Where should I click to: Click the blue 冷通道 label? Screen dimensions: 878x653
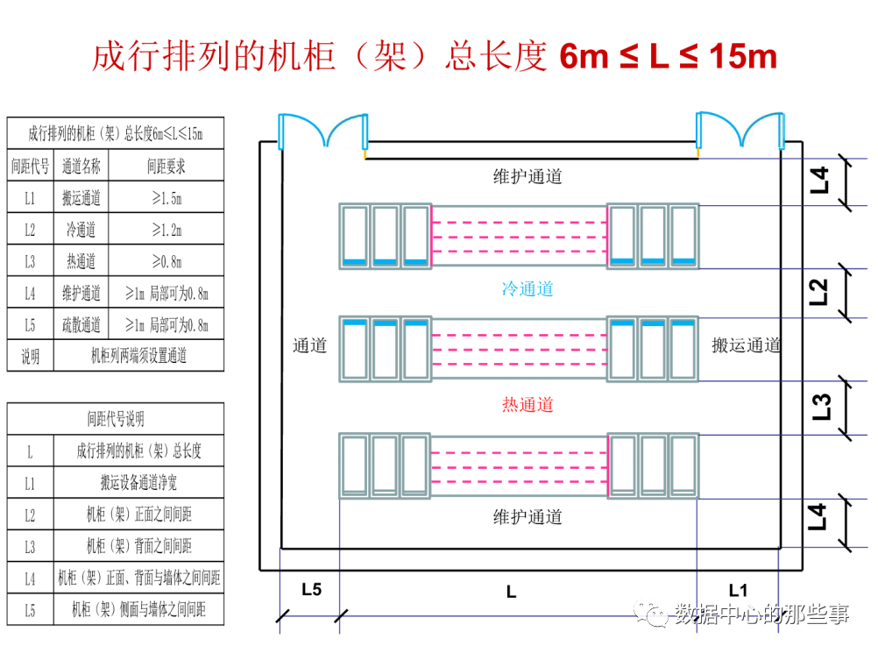point(528,288)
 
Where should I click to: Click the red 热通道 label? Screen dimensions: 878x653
point(528,405)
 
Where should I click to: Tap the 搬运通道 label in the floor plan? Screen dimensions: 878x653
point(746,345)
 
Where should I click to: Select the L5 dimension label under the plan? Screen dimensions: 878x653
point(311,590)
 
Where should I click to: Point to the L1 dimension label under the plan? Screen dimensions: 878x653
point(739,590)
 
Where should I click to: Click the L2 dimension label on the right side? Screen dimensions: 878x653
point(819,292)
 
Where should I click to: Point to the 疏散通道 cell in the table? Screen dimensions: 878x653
point(81,325)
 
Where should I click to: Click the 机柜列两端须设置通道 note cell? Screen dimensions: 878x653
point(138,356)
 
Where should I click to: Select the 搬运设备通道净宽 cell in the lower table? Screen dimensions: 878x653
point(138,483)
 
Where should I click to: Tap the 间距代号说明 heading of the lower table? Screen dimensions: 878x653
point(115,419)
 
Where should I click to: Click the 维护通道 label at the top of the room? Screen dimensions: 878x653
point(528,176)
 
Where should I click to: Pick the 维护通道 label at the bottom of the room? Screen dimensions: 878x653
point(528,517)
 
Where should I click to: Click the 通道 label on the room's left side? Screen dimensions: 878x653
point(309,345)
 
